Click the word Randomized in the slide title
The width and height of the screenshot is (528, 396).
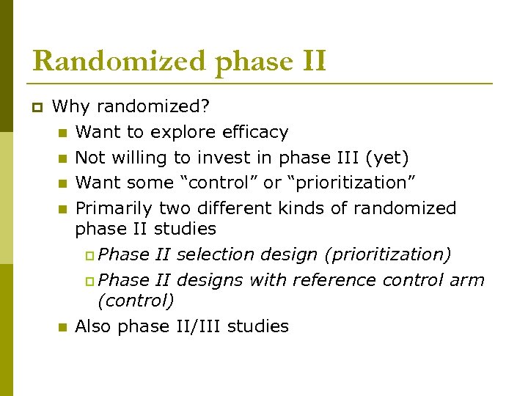click(119, 60)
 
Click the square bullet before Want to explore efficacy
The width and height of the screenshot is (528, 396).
click(62, 133)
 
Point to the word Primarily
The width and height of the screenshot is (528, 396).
click(114, 208)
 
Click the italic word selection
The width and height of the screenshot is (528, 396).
click(212, 254)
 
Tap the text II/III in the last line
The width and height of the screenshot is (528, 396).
click(188, 326)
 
